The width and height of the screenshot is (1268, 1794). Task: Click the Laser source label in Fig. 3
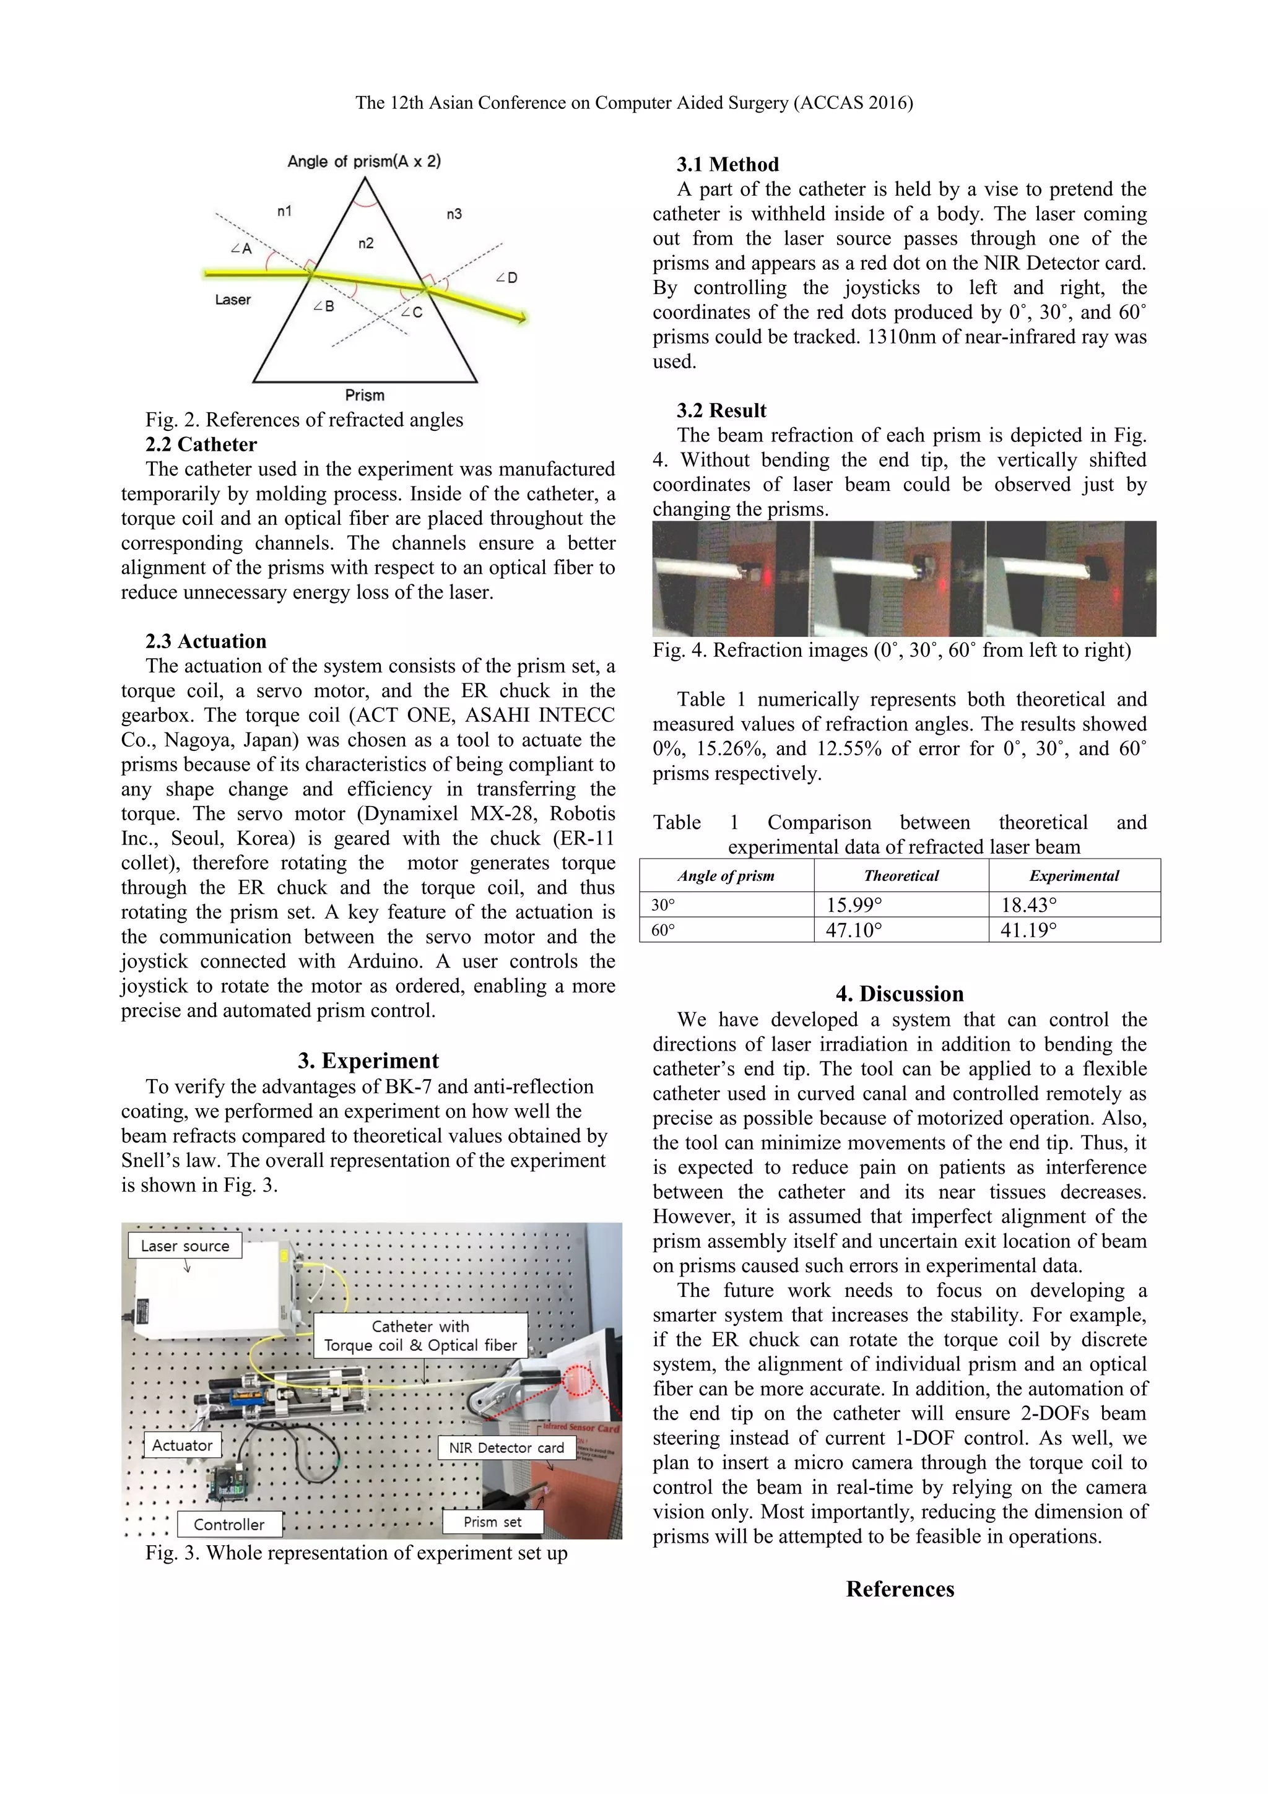(185, 1246)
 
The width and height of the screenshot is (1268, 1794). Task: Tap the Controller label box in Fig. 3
(229, 1523)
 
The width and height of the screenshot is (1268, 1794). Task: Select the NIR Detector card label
(506, 1447)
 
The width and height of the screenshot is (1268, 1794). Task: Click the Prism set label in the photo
(492, 1521)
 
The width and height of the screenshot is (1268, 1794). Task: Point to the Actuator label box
(182, 1445)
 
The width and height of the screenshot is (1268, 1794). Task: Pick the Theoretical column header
(901, 875)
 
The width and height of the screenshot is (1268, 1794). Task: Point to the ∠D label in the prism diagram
(506, 277)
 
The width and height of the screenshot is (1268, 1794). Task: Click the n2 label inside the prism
(366, 243)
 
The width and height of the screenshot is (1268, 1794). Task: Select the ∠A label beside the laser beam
(241, 248)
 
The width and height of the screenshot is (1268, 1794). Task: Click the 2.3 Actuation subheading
(206, 641)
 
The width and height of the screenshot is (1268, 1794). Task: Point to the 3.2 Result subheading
(721, 410)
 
